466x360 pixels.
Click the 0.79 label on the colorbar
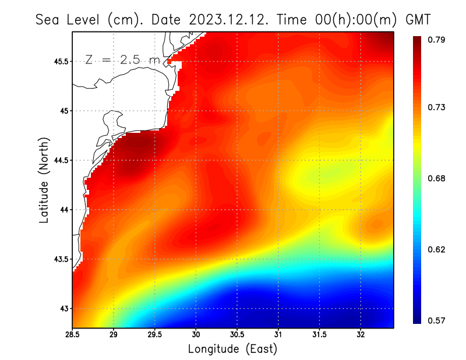click(437, 40)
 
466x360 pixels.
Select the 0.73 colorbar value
click(437, 107)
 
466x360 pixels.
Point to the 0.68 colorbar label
click(437, 178)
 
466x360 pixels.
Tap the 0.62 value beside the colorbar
click(437, 249)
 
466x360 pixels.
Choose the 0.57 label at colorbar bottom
click(437, 320)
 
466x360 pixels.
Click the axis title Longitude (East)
click(232, 349)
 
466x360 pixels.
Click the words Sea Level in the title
click(68, 20)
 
